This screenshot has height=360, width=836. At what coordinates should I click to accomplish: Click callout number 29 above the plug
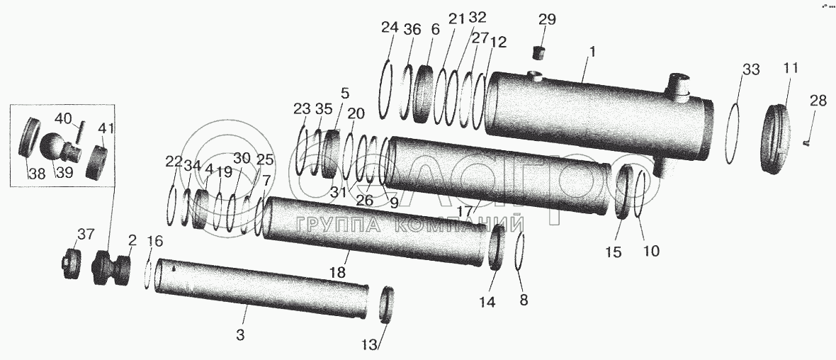pos(547,20)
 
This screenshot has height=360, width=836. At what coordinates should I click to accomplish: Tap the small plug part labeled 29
pos(541,52)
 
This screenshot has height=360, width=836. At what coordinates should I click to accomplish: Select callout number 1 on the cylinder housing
pos(592,52)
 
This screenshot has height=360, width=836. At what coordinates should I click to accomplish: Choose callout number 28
pos(818,101)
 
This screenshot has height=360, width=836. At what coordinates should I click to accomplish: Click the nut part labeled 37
pos(70,265)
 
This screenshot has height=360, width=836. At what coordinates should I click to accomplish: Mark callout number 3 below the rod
pos(240,334)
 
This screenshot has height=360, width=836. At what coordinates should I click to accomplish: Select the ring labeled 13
pos(387,305)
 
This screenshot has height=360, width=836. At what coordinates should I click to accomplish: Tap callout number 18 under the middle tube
pos(339,272)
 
